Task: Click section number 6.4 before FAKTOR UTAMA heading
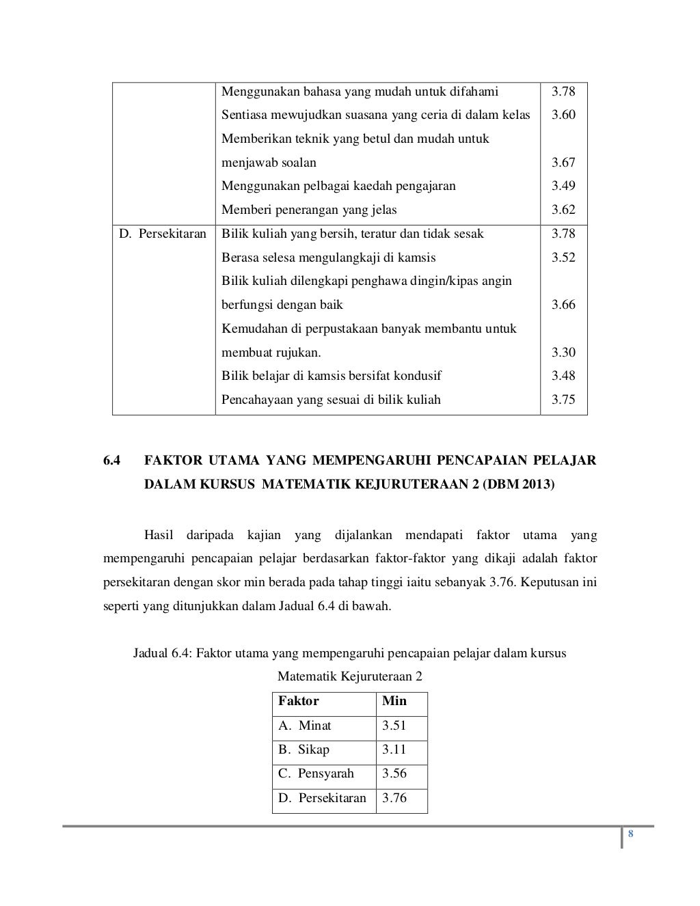(x=112, y=461)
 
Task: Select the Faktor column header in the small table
(x=299, y=701)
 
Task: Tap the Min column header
(x=394, y=701)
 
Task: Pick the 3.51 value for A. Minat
(x=394, y=726)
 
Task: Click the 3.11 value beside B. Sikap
(x=394, y=750)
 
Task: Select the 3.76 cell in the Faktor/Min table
(x=394, y=798)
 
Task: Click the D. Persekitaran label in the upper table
(x=163, y=234)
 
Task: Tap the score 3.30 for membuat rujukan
(x=563, y=353)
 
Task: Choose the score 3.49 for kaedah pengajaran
(x=563, y=186)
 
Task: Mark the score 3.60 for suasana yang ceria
(x=563, y=115)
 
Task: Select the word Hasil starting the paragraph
(x=159, y=534)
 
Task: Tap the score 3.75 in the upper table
(x=563, y=400)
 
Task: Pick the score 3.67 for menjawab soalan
(x=563, y=163)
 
